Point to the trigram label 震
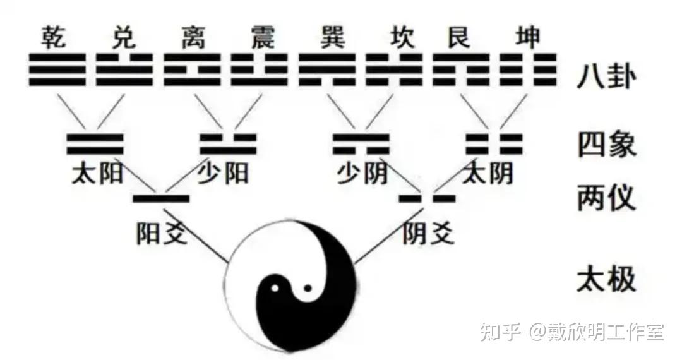[x=261, y=38]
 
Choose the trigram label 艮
[x=459, y=38]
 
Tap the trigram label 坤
[x=527, y=38]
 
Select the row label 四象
[x=605, y=145]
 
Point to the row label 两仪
[x=605, y=199]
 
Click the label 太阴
[x=488, y=173]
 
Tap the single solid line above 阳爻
[x=162, y=199]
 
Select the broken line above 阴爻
[x=428, y=199]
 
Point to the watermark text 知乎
[x=501, y=331]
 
